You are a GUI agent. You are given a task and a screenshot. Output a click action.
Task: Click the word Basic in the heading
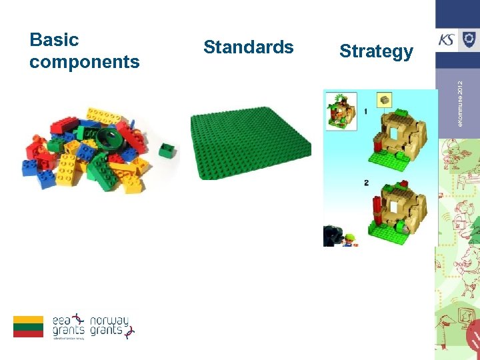click(54, 40)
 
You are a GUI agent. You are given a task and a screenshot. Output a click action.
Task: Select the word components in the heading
click(85, 63)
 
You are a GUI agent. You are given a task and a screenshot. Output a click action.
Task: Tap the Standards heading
click(248, 47)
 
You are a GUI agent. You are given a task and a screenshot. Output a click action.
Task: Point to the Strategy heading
click(376, 51)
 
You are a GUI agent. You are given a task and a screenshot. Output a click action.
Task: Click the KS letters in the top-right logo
click(447, 40)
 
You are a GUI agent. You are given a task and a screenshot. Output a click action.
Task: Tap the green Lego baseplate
click(250, 143)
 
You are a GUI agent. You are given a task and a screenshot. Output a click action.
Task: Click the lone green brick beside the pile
click(166, 149)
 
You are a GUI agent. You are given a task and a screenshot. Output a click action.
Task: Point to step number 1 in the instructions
click(365, 111)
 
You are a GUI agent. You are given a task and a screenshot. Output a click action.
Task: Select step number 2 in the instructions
click(366, 183)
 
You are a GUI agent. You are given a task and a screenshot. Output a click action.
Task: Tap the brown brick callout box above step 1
click(385, 101)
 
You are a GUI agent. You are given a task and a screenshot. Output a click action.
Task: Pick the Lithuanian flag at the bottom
click(28, 326)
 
